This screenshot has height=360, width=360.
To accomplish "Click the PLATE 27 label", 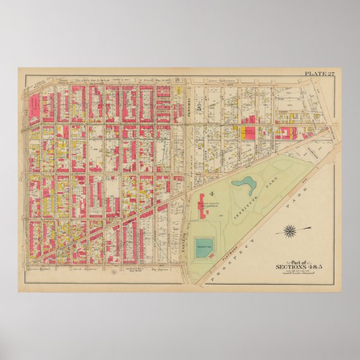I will [321, 73].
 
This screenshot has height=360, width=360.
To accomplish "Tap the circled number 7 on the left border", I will [21, 179].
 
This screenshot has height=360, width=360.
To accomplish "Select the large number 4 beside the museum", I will [212, 195].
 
